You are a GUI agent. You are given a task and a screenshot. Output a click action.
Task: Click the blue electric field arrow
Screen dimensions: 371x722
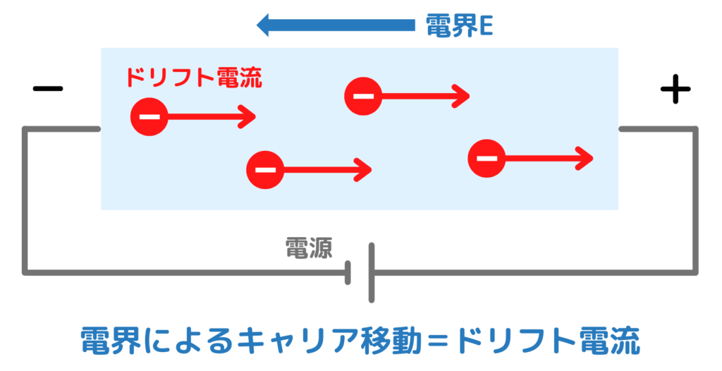(x=335, y=26)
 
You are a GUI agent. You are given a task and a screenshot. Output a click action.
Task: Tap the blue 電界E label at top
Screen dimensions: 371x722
(x=459, y=26)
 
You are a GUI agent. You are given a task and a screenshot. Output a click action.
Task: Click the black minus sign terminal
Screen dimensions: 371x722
(x=48, y=89)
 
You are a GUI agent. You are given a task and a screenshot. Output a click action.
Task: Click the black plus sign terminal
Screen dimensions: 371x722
(x=675, y=89)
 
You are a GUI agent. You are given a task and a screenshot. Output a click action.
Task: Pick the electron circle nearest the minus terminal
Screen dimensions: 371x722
(x=149, y=116)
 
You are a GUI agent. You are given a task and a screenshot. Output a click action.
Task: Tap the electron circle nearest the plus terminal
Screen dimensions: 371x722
(x=487, y=158)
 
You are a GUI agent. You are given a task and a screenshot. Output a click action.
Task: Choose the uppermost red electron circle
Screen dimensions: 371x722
(x=363, y=96)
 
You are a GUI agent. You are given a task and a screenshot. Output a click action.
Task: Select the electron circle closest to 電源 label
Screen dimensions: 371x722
(x=265, y=169)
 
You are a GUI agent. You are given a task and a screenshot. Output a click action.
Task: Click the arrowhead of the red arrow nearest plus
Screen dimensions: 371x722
(x=585, y=158)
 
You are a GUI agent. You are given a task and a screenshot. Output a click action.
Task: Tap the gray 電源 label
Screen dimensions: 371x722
(x=308, y=248)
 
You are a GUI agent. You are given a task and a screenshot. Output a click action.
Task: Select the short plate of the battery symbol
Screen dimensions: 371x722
(x=348, y=272)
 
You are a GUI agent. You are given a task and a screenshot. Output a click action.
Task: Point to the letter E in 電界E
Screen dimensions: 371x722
(x=486, y=27)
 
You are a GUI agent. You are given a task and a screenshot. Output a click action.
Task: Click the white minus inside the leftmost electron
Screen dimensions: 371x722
(x=149, y=116)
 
